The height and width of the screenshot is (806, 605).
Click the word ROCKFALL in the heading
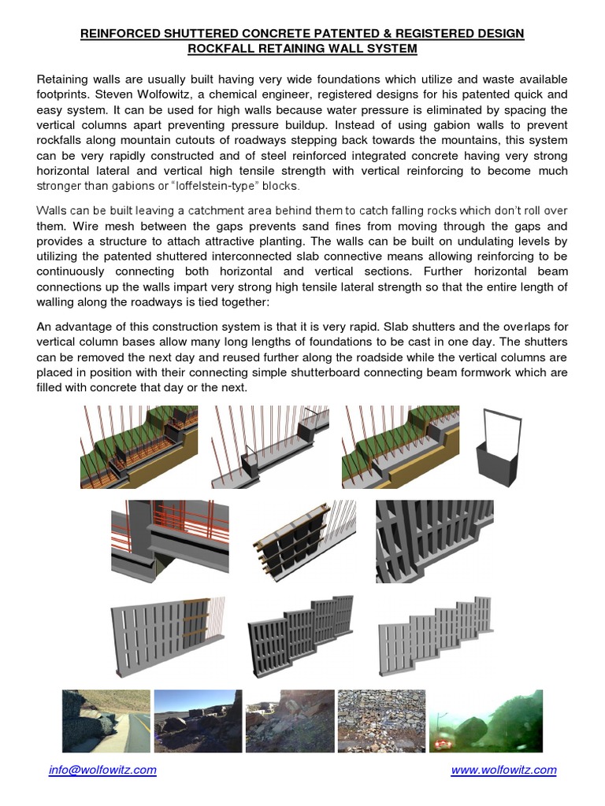[x=221, y=49]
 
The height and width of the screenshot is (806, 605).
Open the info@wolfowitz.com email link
[x=102, y=770]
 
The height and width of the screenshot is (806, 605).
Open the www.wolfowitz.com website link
[x=503, y=770]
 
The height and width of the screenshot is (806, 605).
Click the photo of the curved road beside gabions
[x=106, y=721]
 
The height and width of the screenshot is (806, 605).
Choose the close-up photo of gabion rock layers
[x=381, y=721]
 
